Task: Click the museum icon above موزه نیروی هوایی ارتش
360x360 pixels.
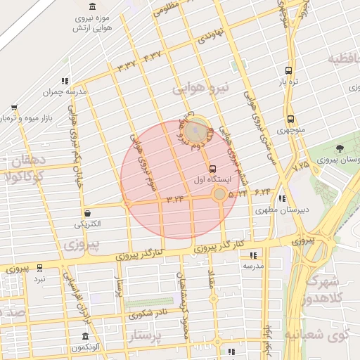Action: click(94, 6)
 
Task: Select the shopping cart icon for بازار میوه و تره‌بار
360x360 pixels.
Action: click(14, 108)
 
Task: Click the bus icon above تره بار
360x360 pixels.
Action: click(288, 70)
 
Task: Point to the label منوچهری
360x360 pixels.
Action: click(290, 130)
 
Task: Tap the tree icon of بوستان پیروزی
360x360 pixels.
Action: click(340, 148)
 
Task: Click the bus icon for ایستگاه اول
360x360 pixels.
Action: click(213, 169)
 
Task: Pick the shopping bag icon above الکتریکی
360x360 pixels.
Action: click(87, 213)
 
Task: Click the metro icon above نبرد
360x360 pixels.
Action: click(39, 267)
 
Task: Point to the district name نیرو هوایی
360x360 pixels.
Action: click(201, 88)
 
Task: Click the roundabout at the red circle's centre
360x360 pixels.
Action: click(220, 193)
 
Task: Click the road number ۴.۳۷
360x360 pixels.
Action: click(153, 56)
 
